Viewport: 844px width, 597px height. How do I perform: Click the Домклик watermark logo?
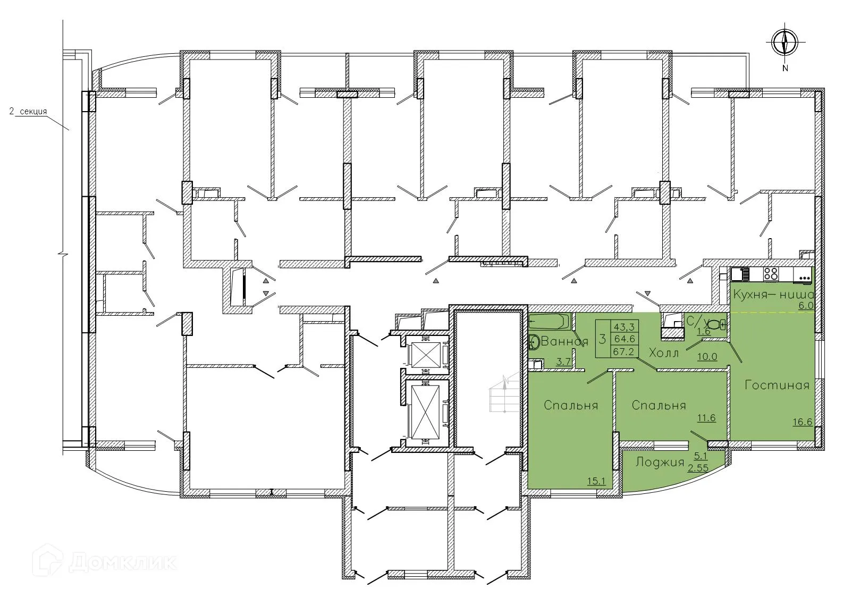45,561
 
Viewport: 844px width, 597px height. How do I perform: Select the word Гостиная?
777,385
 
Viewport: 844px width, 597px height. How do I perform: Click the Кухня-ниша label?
772,295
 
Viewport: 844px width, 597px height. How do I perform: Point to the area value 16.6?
801,423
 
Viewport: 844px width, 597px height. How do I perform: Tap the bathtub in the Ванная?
549,322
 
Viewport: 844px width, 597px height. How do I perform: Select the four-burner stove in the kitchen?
771,274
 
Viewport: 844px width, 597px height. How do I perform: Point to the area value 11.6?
706,418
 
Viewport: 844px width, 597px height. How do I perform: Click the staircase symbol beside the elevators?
502,393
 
